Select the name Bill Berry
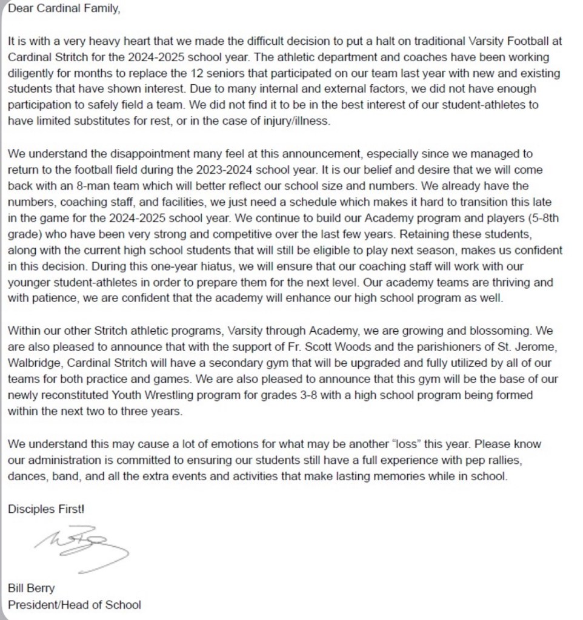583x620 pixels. [x=32, y=589]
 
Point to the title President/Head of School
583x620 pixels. [x=74, y=604]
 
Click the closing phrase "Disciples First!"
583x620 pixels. [x=46, y=509]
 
